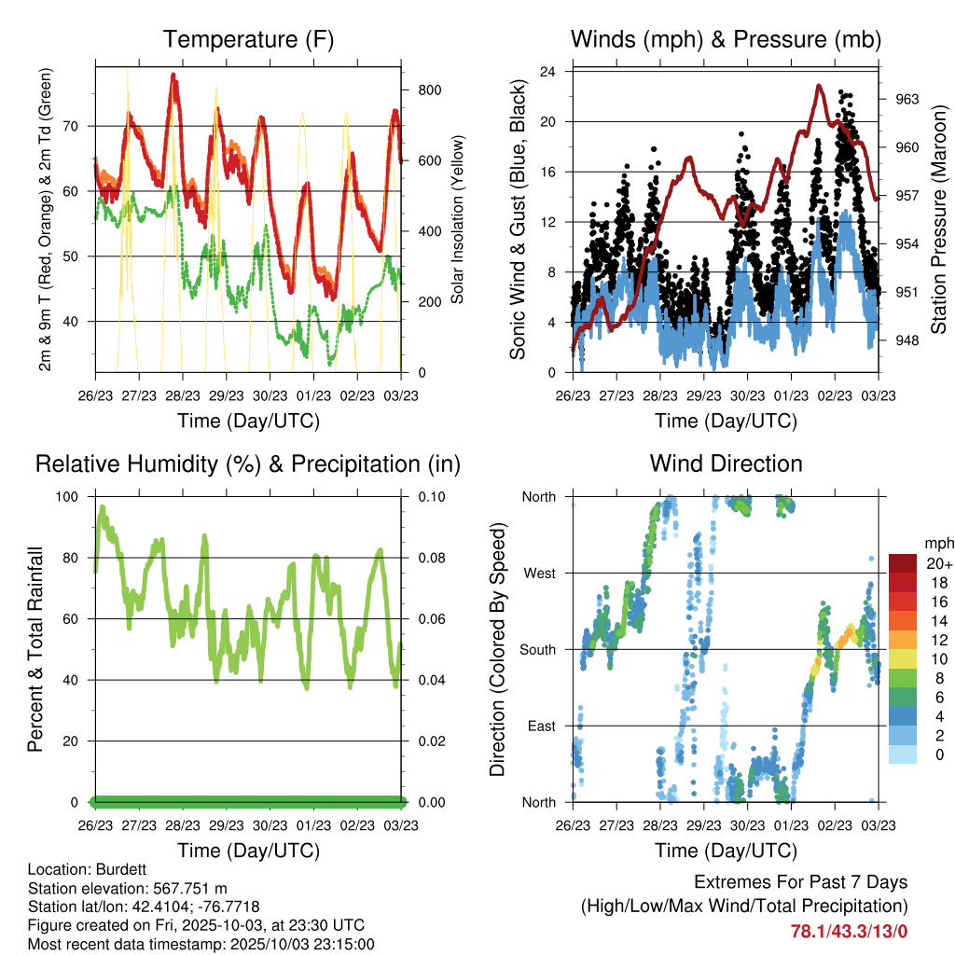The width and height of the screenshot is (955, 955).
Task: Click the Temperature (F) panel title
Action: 248,39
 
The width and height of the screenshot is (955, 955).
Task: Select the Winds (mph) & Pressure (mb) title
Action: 726,39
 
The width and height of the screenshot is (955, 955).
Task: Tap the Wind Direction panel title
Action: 726,464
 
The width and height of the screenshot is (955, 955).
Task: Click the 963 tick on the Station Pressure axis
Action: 906,99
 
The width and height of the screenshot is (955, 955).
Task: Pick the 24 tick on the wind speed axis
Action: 548,71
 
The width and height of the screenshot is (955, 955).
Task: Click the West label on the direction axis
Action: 539,573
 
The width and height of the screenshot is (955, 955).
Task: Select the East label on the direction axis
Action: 541,726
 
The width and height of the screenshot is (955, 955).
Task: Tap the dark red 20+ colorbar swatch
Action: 903,563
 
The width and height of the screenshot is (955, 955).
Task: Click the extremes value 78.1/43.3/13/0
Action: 849,931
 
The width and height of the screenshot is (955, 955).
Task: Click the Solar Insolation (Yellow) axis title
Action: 458,220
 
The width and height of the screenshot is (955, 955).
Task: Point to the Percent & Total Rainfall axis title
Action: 35,649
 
